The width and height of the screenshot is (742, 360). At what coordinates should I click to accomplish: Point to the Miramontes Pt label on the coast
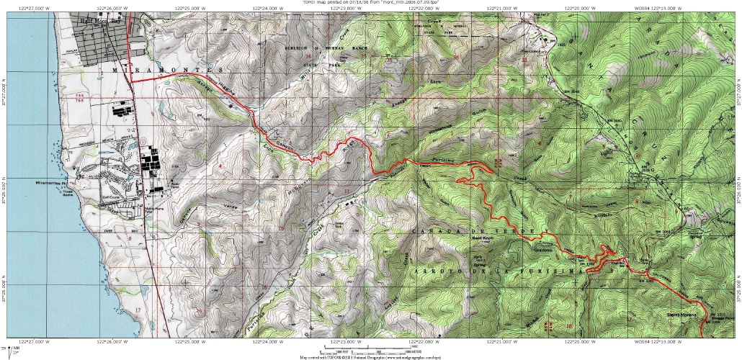(x=51, y=184)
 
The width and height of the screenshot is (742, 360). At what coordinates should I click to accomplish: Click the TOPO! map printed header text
(x=370, y=3)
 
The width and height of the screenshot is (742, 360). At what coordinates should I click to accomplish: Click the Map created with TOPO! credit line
(x=372, y=356)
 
